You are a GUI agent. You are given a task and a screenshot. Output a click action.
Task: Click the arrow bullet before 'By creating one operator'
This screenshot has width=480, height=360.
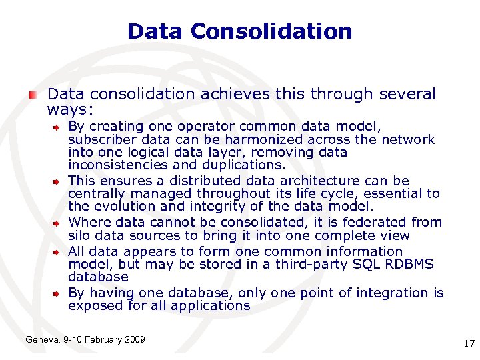(59, 126)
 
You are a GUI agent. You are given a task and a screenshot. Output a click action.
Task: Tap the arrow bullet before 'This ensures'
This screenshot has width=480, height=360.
(59, 181)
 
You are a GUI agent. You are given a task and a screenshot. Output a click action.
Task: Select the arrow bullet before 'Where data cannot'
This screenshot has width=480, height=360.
(59, 222)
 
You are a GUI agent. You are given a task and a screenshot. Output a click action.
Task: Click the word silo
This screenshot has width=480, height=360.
(80, 235)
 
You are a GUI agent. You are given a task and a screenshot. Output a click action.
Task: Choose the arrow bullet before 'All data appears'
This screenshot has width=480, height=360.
(59, 251)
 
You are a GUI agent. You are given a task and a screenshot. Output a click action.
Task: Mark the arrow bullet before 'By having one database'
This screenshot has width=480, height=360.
(59, 293)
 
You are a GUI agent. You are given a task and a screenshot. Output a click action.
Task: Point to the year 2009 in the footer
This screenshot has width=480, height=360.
(133, 340)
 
